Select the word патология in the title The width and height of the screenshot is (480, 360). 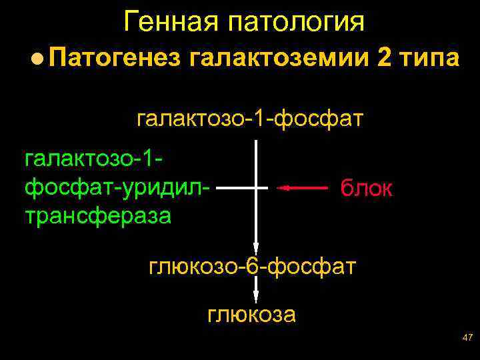[296, 23]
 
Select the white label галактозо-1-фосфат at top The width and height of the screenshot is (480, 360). [249, 119]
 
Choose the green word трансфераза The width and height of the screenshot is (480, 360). [97, 215]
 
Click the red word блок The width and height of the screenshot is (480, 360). [366, 189]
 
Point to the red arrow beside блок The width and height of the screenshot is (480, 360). [303, 189]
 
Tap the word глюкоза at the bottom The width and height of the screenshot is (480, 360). [252, 314]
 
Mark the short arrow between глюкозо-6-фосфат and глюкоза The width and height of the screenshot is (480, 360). [256, 291]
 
